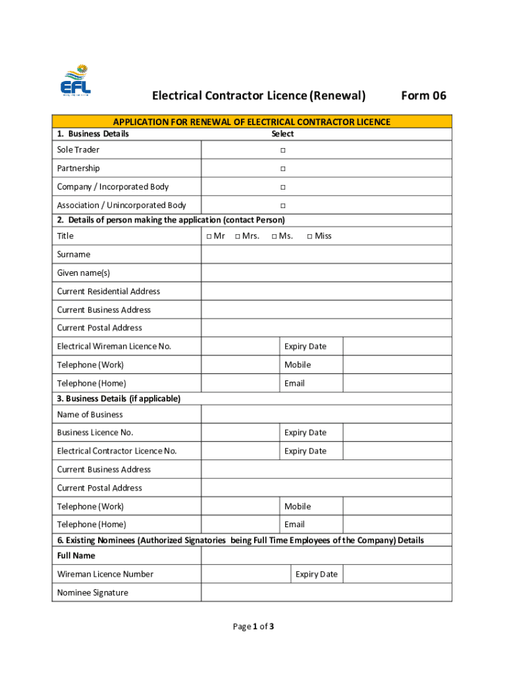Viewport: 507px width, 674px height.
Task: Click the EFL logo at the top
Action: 76,81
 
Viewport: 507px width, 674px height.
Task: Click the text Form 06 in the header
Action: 423,96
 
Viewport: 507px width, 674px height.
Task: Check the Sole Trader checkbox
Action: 282,150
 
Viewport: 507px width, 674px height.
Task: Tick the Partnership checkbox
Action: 282,168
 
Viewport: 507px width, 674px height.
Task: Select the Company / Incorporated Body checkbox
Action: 282,187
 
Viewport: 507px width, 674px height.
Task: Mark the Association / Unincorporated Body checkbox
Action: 282,205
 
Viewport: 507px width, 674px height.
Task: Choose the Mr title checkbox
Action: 209,236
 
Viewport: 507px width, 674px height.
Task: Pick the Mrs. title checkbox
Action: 237,236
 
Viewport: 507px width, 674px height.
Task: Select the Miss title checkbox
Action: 309,236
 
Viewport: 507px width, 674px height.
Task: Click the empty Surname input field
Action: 326,254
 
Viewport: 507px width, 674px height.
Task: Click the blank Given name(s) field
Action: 326,272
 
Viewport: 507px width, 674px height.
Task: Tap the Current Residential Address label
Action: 108,291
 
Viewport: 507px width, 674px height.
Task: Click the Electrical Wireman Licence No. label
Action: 114,346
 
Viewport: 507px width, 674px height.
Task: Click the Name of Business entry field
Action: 326,414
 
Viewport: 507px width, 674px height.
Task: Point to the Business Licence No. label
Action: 95,432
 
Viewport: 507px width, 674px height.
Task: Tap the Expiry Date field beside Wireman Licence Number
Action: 397,574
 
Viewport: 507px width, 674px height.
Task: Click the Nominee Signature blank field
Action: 326,592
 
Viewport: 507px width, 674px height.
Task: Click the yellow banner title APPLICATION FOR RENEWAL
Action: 252,122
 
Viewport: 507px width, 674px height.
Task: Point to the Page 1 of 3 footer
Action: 254,627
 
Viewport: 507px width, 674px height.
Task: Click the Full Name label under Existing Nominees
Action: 76,556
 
